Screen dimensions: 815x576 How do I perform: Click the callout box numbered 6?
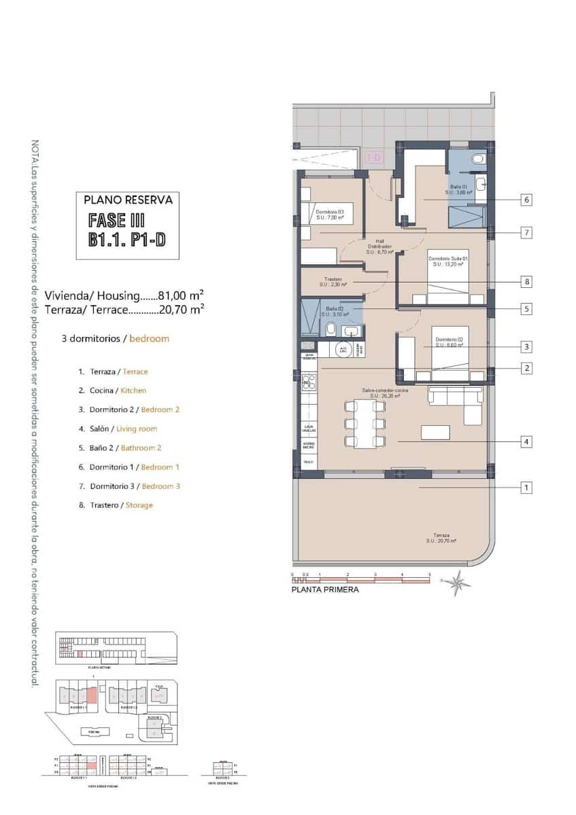tap(526, 200)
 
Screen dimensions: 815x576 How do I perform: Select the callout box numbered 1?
tap(526, 487)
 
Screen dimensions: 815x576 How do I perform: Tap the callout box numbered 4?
tap(526, 441)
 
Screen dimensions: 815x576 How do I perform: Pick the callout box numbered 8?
tap(526, 281)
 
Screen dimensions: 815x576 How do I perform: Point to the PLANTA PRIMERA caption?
tap(324, 590)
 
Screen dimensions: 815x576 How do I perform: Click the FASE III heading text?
tap(117, 220)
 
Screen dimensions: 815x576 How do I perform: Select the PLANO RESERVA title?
tap(128, 200)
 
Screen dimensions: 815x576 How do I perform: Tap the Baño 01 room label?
tap(459, 189)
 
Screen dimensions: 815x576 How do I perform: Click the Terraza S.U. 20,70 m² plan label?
tap(440, 537)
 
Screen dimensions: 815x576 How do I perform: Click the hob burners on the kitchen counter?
tap(309, 382)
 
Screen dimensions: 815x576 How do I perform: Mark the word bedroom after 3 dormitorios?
tap(149, 338)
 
